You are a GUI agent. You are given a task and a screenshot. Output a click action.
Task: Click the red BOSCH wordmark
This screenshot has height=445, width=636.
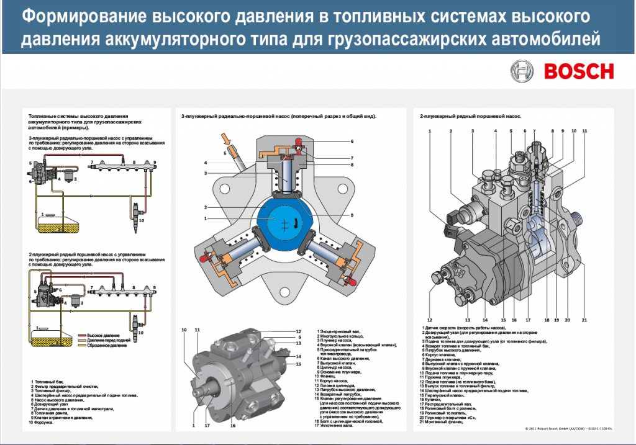579,71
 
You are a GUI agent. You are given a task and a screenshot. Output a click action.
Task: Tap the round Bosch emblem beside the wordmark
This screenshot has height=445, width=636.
522,71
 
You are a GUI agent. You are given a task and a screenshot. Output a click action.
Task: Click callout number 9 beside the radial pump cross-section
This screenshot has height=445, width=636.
352,215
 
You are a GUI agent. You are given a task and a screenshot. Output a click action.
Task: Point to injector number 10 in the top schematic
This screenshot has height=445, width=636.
135,211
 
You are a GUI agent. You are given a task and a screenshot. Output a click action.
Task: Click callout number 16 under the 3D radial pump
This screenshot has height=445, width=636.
233,426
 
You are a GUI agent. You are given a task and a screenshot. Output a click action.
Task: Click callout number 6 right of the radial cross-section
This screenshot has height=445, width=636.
352,141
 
